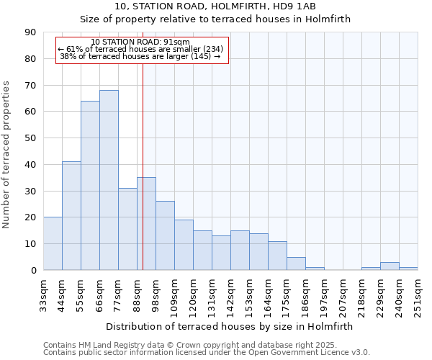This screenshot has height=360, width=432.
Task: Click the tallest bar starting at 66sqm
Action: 109,180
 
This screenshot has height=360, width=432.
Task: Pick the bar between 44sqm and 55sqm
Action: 71,216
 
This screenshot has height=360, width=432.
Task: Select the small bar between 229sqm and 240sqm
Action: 390,266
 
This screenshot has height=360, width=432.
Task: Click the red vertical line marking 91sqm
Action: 143,144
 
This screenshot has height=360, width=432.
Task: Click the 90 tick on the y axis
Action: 30,32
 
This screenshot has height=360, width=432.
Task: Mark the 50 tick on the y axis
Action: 30,138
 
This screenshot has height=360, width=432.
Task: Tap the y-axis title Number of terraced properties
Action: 7,154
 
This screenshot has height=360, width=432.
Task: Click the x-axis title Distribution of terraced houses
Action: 229,326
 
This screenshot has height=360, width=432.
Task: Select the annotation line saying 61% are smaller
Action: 140,49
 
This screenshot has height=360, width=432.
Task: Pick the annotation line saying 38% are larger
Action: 140,56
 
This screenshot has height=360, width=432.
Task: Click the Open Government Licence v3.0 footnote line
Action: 206,353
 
